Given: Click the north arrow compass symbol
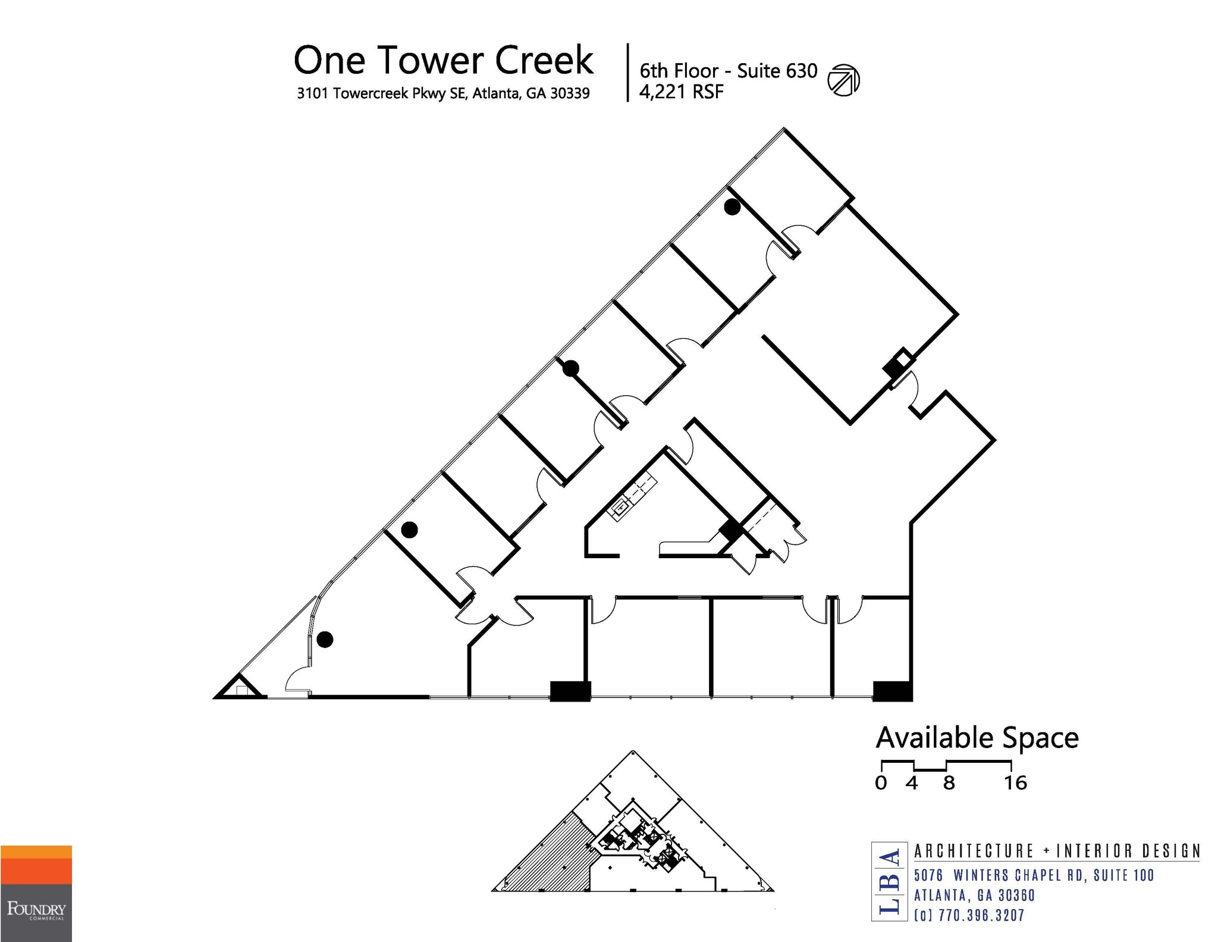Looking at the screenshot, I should click(843, 80).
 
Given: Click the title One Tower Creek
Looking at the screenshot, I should click(443, 60).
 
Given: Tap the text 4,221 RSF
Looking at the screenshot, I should click(681, 92).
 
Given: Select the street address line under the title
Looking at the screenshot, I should click(443, 93).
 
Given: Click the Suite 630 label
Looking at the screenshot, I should click(777, 71).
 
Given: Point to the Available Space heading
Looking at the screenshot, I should click(977, 738).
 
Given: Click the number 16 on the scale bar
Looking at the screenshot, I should click(1015, 783).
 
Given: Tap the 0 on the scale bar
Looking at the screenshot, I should click(881, 783).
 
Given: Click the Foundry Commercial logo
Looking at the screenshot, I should click(36, 893).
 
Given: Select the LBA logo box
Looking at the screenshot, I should click(889, 881).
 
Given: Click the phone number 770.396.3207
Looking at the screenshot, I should click(981, 915).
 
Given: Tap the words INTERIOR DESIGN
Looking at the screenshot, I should click(1128, 851).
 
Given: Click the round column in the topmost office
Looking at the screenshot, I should click(732, 207).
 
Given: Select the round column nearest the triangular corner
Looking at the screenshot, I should click(325, 640).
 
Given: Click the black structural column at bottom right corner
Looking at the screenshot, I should click(892, 691).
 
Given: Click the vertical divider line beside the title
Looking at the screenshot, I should click(628, 73).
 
